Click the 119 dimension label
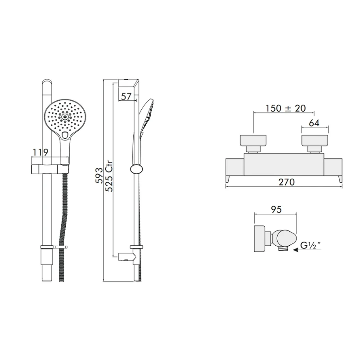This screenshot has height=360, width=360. [40, 152]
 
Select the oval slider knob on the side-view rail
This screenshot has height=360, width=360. [135, 169]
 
